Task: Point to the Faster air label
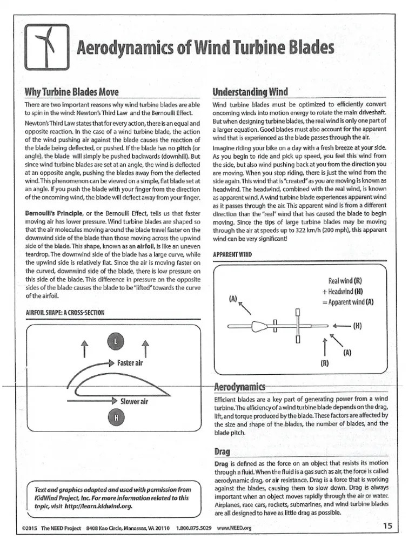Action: [x=130, y=363]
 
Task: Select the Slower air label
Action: [x=134, y=401]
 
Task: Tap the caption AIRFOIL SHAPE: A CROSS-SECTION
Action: [x=65, y=312]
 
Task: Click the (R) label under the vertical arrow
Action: [x=324, y=362]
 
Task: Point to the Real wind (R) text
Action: [x=345, y=281]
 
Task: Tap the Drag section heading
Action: [x=222, y=451]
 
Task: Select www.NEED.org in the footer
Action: [x=236, y=528]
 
